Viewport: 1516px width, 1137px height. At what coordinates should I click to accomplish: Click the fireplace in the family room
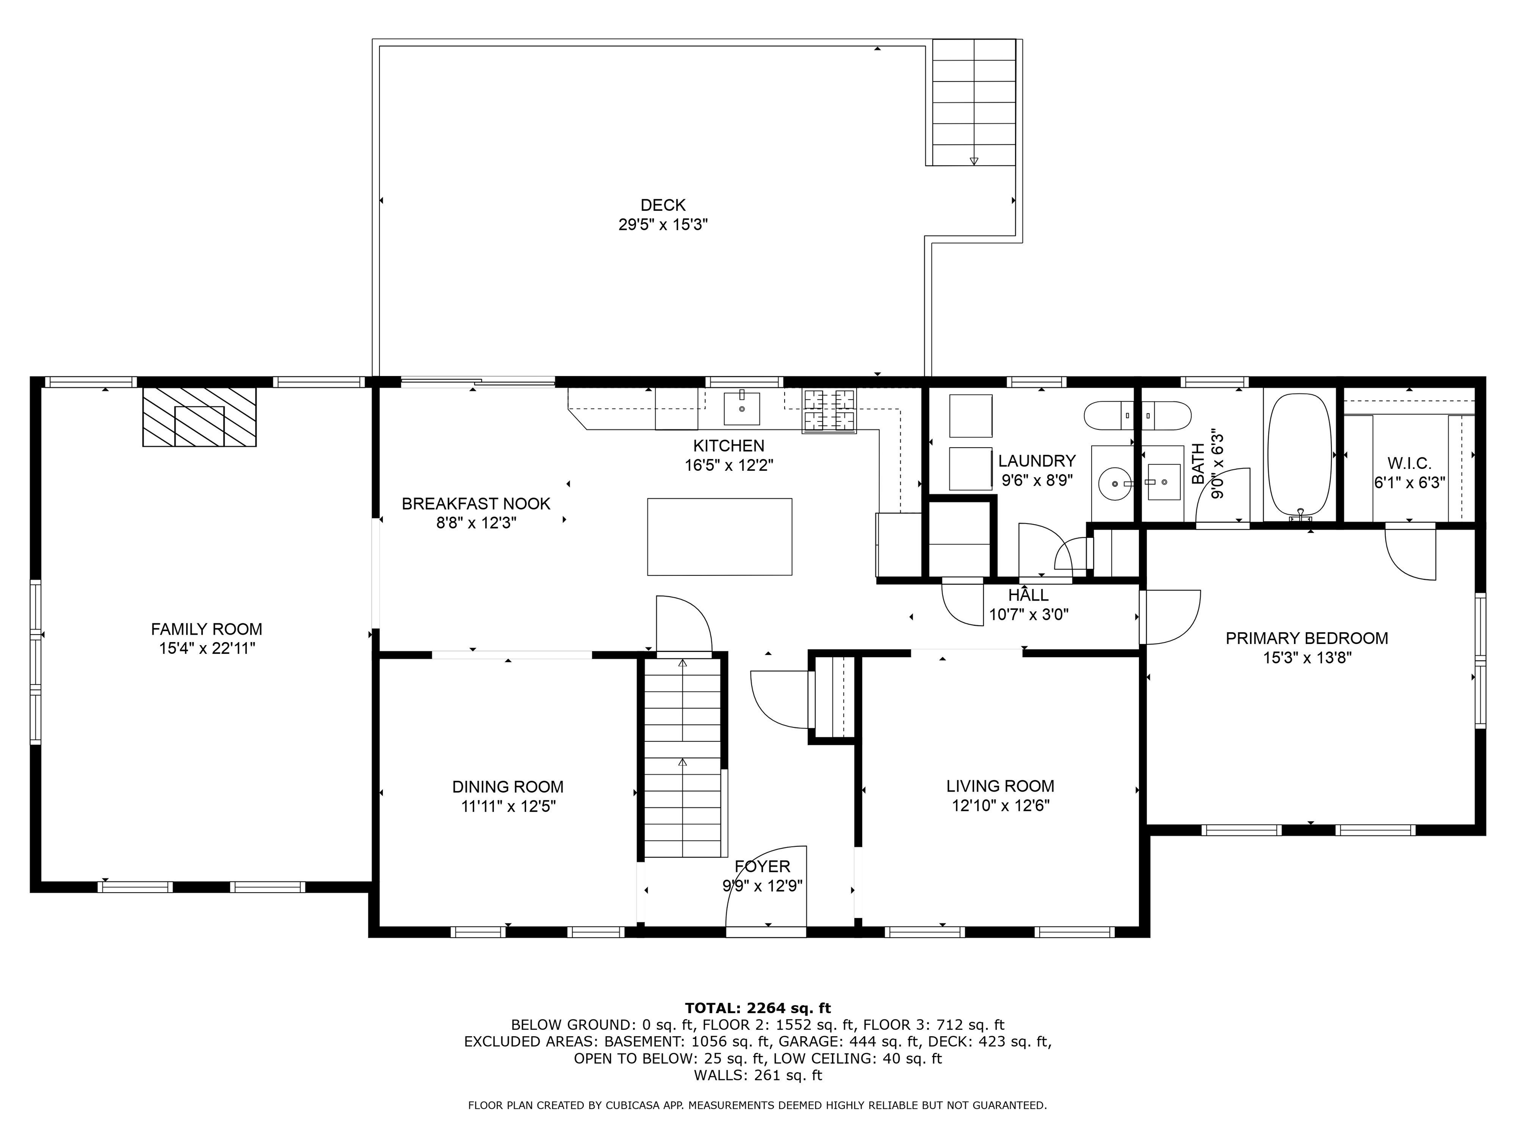pos(199,417)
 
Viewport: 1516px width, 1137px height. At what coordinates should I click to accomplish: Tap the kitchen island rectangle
pos(720,536)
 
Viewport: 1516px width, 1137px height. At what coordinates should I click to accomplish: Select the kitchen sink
pos(742,409)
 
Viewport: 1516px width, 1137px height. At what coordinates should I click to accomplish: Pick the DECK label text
pos(663,205)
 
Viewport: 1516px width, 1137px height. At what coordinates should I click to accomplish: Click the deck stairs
pos(974,102)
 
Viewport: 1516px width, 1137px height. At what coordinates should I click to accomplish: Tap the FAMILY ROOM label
pos(206,629)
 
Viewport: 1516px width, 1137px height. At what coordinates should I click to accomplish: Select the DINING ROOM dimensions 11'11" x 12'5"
pos(508,806)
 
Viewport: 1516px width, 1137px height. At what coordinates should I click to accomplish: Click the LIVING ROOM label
pos(1000,786)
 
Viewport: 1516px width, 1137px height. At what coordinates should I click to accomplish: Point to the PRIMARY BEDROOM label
pos(1306,638)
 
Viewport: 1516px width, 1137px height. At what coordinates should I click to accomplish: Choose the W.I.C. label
pos(1409,464)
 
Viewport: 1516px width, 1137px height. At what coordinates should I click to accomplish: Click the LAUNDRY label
pos(1036,460)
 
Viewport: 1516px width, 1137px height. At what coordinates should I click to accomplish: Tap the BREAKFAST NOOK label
pos(476,504)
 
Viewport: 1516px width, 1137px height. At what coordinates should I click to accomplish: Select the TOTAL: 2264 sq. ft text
pos(758,1008)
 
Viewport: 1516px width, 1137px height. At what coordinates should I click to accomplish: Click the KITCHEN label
pos(728,446)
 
